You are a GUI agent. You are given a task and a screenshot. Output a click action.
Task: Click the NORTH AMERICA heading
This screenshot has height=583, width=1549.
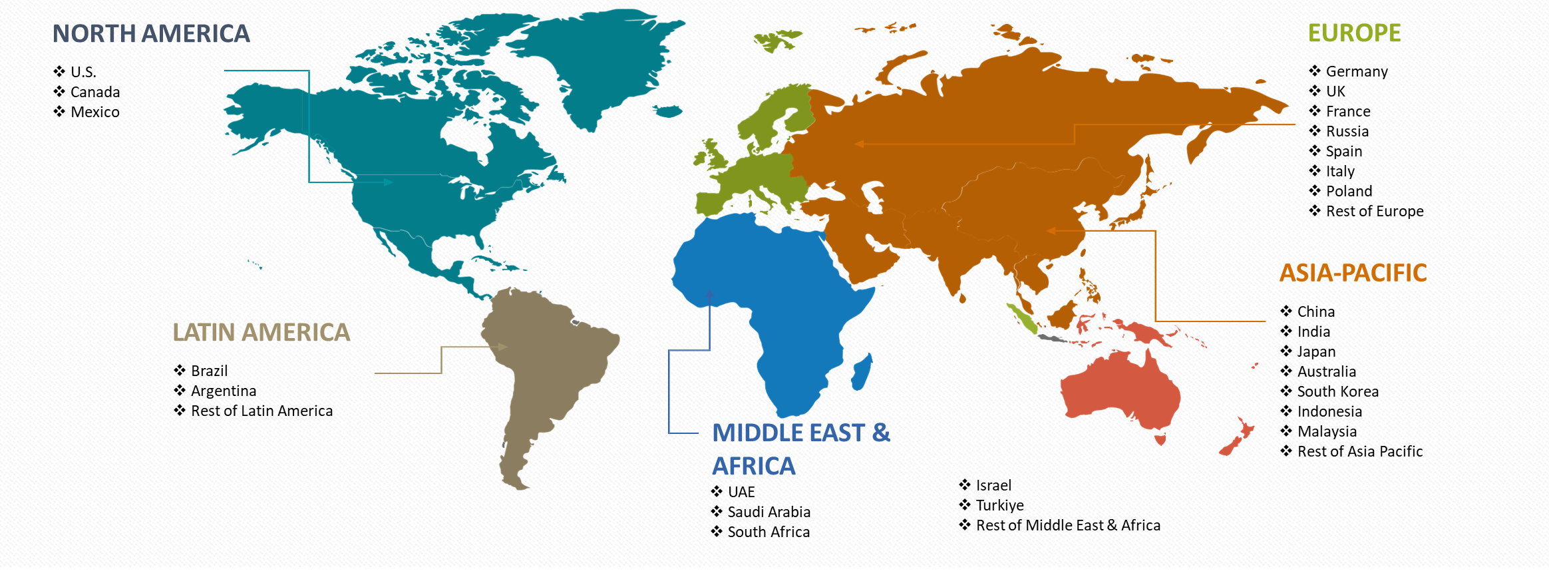151,34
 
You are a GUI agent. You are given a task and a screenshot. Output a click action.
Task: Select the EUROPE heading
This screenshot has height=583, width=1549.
1354,33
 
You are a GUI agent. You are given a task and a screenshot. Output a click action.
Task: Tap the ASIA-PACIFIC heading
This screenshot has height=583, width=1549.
1353,273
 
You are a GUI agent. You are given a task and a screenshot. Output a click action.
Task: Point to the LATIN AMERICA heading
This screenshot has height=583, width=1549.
261,332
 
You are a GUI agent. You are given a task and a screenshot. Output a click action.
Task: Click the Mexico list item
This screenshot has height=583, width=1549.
94,112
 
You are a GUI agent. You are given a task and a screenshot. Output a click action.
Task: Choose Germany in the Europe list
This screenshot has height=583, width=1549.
1356,71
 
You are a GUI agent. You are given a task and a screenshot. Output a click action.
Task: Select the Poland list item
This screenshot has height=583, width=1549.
1349,191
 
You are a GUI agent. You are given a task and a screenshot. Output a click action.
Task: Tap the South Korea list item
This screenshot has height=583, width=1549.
1337,391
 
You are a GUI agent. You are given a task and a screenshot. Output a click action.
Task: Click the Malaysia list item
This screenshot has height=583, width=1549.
1327,431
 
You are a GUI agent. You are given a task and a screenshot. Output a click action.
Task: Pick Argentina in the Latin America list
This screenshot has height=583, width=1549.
223,391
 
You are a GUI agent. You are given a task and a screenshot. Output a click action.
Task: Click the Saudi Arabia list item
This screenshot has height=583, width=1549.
769,512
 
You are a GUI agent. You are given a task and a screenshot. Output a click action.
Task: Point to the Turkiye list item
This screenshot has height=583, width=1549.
999,505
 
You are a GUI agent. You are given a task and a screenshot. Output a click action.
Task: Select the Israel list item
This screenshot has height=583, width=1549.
993,485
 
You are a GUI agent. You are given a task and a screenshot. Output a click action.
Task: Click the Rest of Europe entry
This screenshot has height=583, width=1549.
1374,211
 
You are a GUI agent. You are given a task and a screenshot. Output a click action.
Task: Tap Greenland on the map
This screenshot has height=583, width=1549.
599,60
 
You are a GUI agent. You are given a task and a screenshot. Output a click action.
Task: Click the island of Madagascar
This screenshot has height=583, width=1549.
862,373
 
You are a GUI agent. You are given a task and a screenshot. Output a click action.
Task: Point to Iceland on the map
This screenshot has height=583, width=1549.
668,110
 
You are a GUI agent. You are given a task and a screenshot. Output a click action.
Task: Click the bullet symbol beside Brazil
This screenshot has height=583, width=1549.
180,370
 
